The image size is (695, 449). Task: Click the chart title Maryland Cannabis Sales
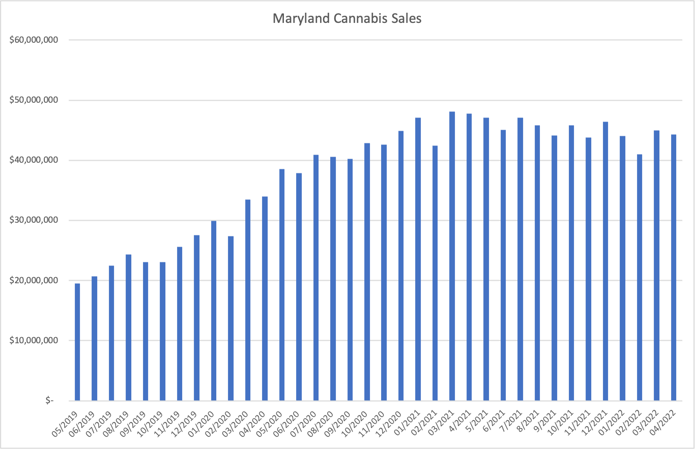347,19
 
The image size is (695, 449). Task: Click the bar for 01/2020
214,311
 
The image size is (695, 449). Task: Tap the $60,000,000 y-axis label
34,40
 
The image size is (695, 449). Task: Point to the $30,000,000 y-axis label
34,220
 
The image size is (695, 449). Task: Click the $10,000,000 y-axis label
34,340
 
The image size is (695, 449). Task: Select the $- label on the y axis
49,401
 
